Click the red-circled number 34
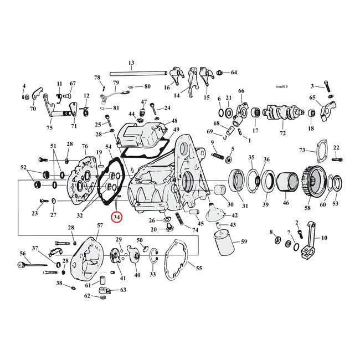click(117, 217)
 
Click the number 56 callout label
click(23, 253)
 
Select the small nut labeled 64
click(220, 73)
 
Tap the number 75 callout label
click(49, 127)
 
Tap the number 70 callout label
click(33, 109)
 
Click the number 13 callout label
click(131, 63)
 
